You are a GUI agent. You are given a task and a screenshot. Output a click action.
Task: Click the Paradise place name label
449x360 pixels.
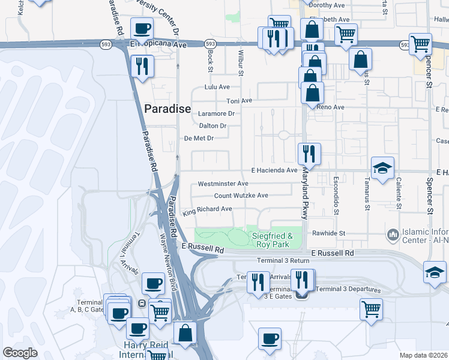(167, 109)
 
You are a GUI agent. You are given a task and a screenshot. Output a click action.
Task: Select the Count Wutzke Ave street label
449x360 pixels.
(241, 196)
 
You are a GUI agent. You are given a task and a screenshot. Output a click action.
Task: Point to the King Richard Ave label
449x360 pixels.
(207, 209)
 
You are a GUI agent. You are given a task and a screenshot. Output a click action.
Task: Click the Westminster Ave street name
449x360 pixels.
(223, 184)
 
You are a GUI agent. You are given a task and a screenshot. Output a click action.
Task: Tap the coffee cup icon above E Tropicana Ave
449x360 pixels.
(142, 28)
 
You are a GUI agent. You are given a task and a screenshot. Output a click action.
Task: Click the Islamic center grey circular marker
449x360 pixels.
(393, 233)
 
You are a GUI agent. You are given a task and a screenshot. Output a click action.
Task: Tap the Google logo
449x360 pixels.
(20, 352)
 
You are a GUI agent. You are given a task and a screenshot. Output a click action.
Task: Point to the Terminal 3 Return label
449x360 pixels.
(280, 260)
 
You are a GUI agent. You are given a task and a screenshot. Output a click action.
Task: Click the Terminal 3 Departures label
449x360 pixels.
(348, 289)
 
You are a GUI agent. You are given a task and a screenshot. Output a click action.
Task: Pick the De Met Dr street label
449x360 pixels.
(199, 139)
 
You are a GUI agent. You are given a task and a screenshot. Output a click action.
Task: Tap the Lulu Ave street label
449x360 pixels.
(217, 87)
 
